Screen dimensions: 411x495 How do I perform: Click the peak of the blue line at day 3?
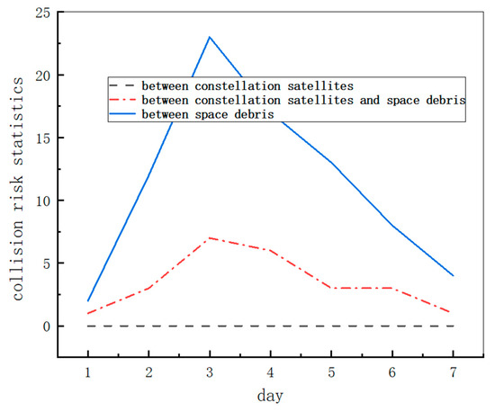click(210, 37)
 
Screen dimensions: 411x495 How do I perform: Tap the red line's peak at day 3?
click(210, 238)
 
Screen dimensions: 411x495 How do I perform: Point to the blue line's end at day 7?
click(453, 275)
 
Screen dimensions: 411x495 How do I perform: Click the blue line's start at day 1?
click(88, 300)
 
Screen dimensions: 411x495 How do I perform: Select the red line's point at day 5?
click(331, 288)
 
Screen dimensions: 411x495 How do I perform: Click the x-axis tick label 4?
click(271, 371)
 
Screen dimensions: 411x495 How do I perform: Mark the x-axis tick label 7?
click(453, 371)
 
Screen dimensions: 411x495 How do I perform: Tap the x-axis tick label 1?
click(88, 371)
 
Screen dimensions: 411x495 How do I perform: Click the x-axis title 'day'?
click(270, 395)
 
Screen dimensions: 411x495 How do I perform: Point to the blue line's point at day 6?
click(392, 225)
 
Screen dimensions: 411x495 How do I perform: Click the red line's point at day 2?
click(149, 288)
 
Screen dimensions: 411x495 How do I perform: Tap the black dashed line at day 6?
click(392, 326)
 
